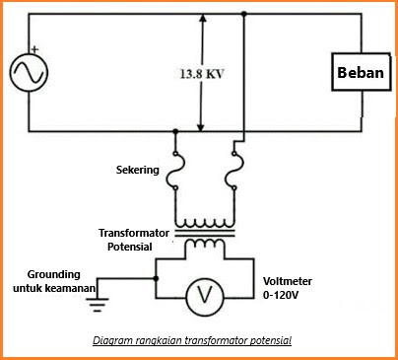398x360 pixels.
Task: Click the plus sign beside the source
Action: [35, 49]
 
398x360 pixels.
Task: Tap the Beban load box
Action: [361, 73]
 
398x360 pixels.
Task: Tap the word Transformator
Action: [135, 233]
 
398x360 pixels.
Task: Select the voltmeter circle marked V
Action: [204, 293]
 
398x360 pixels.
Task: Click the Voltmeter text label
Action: [286, 279]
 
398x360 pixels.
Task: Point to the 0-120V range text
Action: [281, 294]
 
